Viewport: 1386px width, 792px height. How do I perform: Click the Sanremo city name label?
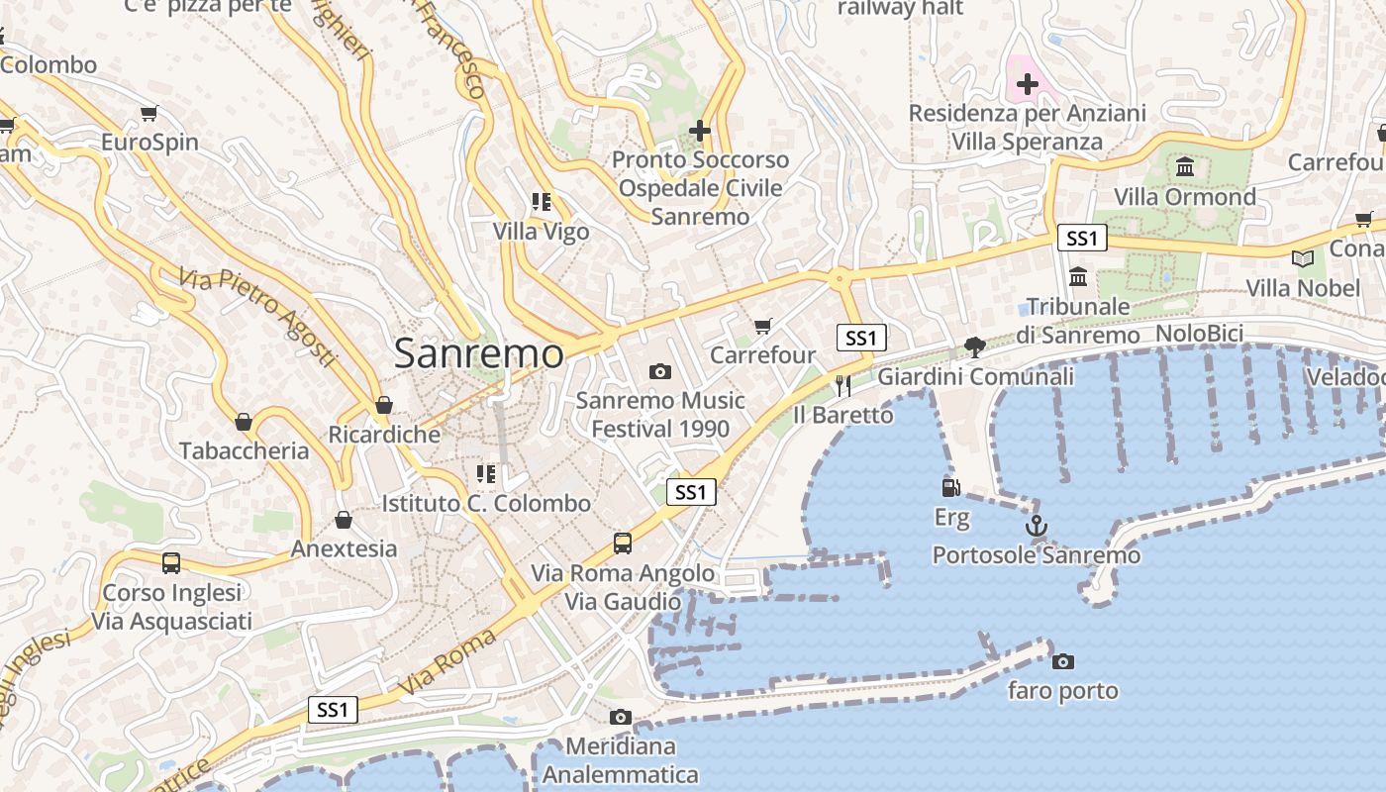479,353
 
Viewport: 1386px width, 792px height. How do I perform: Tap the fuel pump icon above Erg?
950,487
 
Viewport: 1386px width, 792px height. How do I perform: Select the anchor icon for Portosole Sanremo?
1037,526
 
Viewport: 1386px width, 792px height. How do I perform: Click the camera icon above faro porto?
1062,661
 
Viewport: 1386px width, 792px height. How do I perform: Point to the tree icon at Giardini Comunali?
975,346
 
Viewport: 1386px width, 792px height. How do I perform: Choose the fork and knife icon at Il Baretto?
843,385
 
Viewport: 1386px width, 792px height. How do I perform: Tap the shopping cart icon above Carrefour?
762,326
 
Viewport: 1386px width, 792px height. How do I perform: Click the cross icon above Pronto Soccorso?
700,130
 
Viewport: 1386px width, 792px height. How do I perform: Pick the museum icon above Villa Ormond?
1185,166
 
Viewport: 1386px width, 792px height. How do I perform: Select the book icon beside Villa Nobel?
1303,258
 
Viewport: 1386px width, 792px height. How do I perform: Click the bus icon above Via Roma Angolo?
622,543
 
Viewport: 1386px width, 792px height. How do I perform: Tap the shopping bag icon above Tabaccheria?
244,423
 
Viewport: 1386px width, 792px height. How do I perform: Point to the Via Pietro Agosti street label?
258,317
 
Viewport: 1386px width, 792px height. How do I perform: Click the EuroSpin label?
150,143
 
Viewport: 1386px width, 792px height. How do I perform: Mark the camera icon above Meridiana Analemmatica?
621,717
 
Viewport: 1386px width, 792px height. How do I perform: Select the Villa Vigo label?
542,232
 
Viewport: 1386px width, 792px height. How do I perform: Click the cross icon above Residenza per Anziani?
1028,84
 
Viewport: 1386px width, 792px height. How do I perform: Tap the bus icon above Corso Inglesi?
171,563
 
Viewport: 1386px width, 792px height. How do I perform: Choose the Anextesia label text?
344,548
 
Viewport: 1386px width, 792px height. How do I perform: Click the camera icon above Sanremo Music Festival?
659,371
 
